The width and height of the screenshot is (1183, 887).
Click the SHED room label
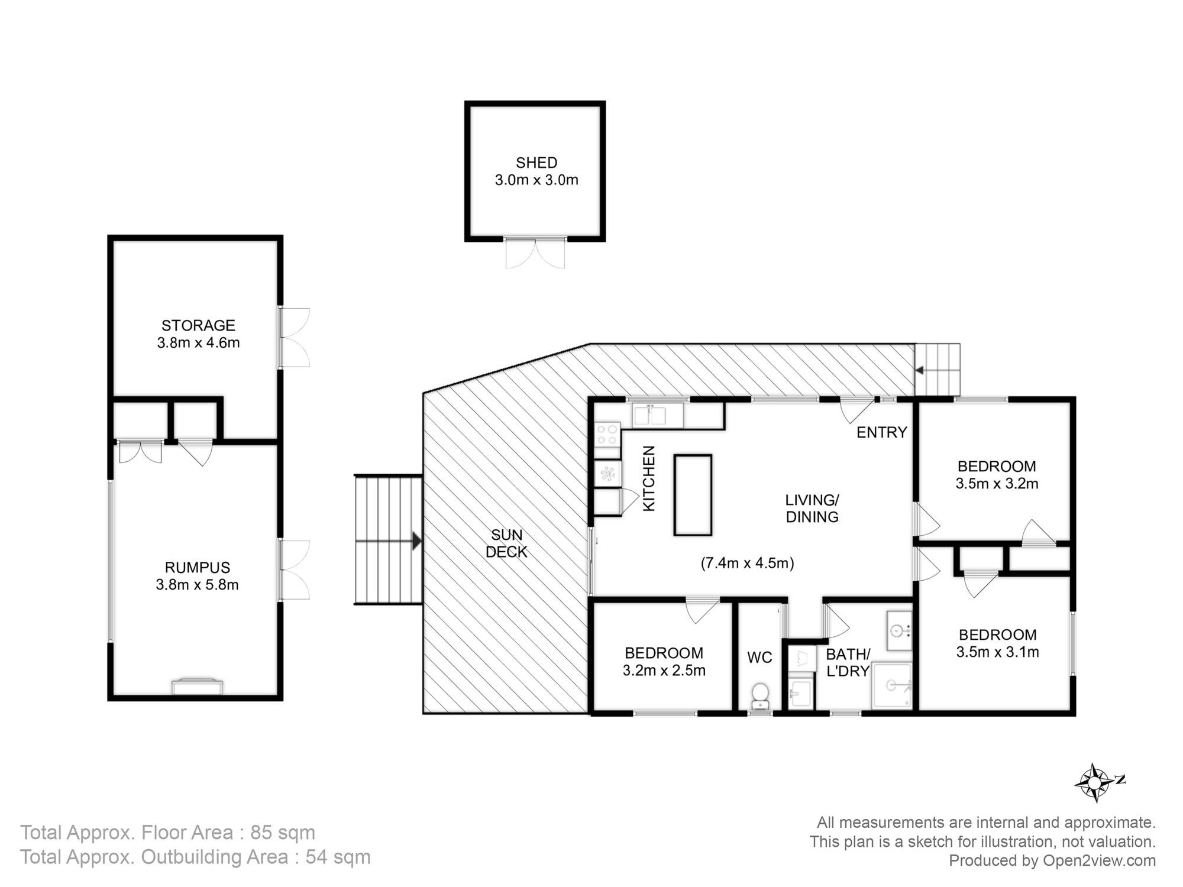(536, 163)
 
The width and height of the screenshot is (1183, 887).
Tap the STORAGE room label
(198, 325)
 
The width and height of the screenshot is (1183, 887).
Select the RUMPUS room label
(197, 568)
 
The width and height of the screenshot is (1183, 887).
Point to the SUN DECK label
(506, 543)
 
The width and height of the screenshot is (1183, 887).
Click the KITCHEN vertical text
(649, 478)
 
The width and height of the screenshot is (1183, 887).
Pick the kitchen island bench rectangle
(693, 495)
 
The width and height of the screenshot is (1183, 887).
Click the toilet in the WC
(759, 696)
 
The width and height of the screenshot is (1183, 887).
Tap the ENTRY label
(881, 432)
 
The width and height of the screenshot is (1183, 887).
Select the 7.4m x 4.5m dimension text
(747, 563)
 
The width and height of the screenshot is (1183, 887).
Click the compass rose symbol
(1095, 782)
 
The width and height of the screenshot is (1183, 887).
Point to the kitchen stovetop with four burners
(607, 434)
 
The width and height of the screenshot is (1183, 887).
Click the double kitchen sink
(657, 415)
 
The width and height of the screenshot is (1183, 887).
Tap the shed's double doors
(535, 252)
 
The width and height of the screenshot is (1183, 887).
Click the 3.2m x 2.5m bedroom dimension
(664, 671)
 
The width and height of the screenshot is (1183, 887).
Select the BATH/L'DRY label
(848, 662)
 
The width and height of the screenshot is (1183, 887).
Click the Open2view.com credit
(1099, 860)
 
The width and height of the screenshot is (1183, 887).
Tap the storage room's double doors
(295, 337)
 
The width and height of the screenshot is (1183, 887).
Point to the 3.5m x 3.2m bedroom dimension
(997, 484)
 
